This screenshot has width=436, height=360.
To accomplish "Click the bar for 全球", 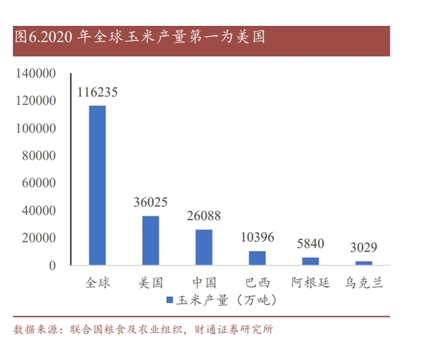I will click(x=97, y=185).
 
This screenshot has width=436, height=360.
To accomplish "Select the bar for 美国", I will click(x=151, y=240).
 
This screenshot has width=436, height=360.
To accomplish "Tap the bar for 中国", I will click(x=204, y=247).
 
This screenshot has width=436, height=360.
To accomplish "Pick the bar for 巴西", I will click(x=257, y=258).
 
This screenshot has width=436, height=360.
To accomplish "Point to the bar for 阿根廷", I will click(x=310, y=261).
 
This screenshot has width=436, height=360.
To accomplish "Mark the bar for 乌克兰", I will click(x=364, y=263).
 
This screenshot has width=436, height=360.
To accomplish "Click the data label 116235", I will click(x=97, y=93).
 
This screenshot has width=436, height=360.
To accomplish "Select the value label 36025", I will click(x=151, y=203).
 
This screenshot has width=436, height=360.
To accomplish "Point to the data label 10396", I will click(x=257, y=238).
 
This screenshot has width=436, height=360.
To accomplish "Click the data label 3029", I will click(x=364, y=248).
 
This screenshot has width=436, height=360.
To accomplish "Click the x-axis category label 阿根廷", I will click(x=310, y=282).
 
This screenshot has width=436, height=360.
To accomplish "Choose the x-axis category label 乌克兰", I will click(x=364, y=282).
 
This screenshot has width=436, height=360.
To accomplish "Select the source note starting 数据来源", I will click(x=143, y=330).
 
